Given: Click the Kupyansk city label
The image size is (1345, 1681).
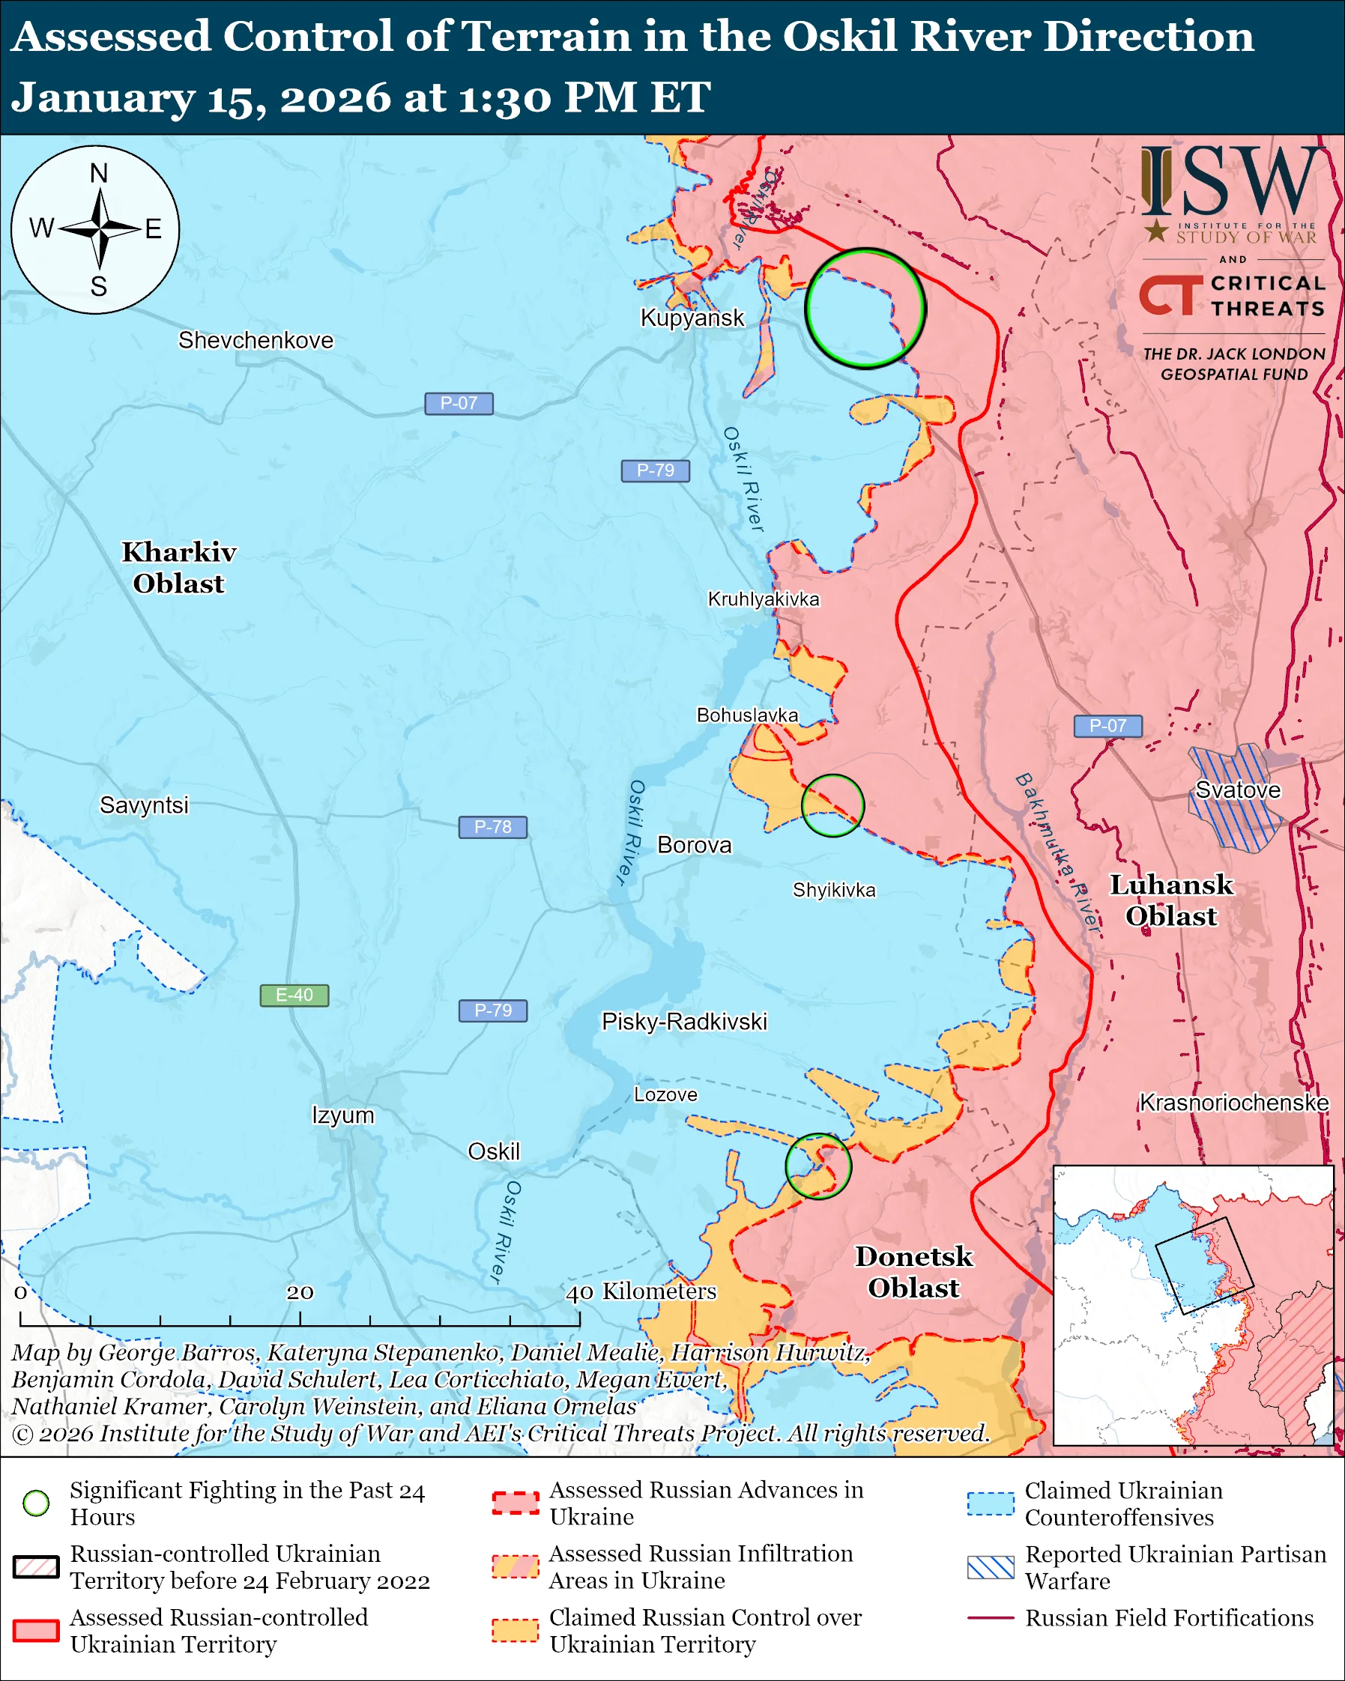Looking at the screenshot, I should (692, 318).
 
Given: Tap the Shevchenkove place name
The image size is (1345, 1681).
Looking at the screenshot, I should (256, 341).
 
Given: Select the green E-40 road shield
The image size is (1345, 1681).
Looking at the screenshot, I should (294, 996).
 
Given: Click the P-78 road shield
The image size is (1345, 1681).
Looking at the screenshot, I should (493, 827).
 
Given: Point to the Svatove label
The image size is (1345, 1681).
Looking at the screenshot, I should (1237, 790).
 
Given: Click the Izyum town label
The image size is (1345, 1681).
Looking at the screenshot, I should (343, 1115).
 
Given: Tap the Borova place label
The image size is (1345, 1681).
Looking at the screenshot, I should (694, 845).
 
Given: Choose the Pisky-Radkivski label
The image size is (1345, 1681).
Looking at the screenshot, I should (684, 1023).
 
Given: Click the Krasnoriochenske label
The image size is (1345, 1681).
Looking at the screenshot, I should (1233, 1103).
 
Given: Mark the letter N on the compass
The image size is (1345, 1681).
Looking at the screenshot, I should (98, 173).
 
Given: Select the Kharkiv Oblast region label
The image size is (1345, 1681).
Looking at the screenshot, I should (178, 568).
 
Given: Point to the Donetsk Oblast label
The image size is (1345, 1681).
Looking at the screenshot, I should (914, 1272).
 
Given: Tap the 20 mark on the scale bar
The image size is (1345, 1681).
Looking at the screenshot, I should (300, 1293).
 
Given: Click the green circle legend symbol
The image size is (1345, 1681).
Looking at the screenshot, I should (37, 1503).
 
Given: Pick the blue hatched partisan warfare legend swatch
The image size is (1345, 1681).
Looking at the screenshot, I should (991, 1566).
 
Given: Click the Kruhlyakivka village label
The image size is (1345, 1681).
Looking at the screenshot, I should (764, 599).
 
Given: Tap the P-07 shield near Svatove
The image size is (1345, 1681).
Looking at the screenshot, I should (1107, 726).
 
